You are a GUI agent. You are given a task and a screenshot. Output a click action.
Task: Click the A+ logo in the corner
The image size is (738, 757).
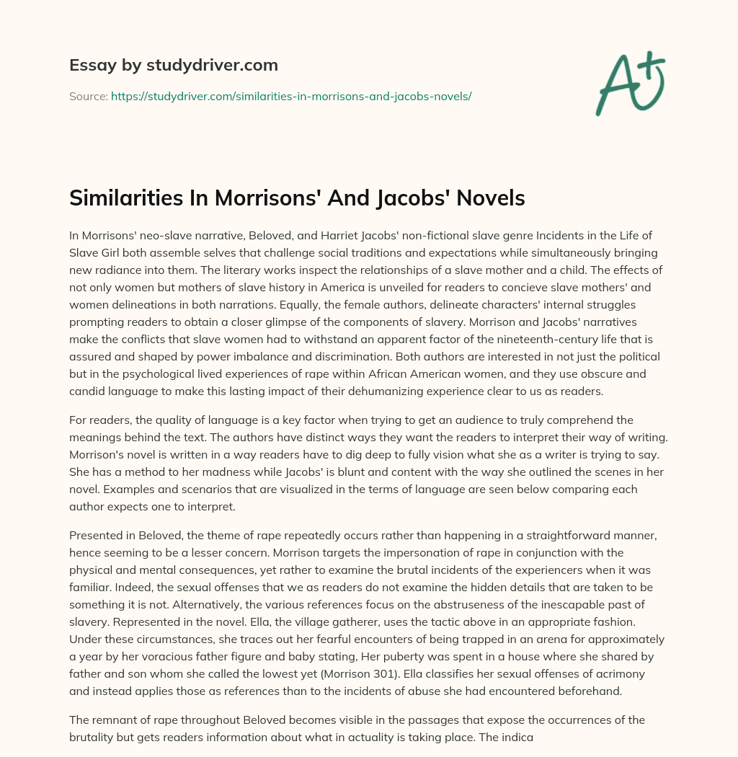[630, 84]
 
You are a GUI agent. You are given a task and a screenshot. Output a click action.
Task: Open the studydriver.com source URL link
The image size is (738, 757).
[291, 95]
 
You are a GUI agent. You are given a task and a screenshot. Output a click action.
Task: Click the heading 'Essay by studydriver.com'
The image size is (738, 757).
[174, 65]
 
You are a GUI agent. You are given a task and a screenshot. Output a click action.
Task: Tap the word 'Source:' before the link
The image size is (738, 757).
[89, 95]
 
